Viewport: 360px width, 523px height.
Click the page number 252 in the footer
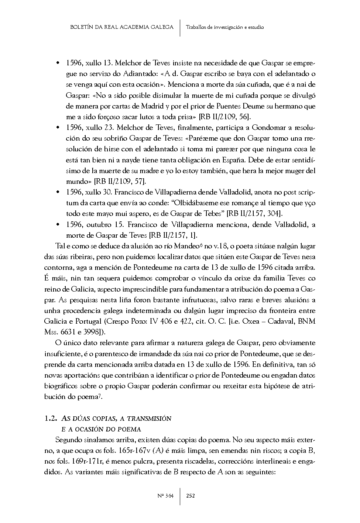[x=191, y=496]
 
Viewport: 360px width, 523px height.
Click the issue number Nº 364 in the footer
[x=165, y=496]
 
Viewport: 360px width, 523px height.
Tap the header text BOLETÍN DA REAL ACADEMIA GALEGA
[x=121, y=27]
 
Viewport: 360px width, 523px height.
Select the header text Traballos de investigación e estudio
[x=225, y=27]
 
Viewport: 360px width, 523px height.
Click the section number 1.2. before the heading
[x=50, y=419]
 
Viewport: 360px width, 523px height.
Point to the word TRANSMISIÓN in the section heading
[x=150, y=419]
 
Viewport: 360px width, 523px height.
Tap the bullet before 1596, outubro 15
[x=58, y=224]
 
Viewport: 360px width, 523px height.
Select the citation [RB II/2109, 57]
[x=120, y=182]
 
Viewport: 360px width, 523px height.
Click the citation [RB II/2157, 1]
[x=173, y=235]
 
